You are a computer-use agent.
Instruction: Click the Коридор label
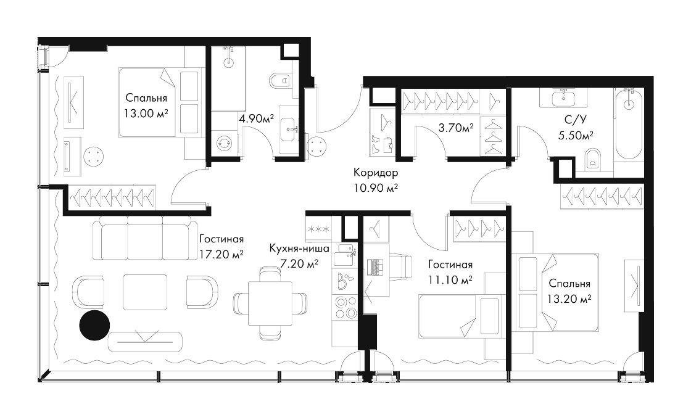point(376,172)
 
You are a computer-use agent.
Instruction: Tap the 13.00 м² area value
point(146,113)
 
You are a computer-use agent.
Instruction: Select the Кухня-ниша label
point(299,249)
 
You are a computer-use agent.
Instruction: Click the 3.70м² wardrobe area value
point(456,128)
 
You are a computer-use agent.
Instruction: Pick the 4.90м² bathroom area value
point(256,118)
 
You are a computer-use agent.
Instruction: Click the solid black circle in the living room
point(94,326)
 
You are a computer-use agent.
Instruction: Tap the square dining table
point(270,303)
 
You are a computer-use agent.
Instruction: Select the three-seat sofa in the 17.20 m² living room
point(144,238)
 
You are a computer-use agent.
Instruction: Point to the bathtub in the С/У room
point(628,124)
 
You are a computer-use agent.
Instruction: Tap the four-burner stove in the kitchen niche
point(346,307)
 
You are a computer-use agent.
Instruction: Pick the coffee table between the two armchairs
point(145,290)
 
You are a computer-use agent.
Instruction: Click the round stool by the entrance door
point(317,145)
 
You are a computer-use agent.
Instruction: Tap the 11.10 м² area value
point(450,280)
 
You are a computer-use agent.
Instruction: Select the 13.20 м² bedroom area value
point(569,299)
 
